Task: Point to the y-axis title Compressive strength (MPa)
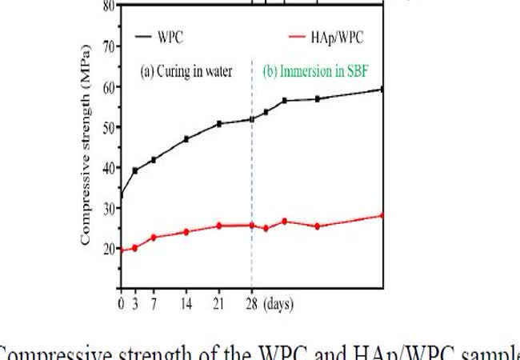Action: click(85, 145)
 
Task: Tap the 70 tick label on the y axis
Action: click(106, 46)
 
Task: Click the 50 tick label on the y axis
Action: click(106, 126)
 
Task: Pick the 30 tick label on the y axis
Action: click(106, 207)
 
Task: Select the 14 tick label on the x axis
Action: click(186, 304)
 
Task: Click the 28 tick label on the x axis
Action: click(251, 304)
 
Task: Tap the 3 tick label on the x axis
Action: click(135, 304)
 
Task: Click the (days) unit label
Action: click(278, 304)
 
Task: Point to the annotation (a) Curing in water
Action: click(186, 71)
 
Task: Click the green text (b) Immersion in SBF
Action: click(321, 71)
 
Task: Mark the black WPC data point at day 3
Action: click(135, 170)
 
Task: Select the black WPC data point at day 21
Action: click(219, 124)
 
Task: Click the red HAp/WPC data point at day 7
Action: click(154, 238)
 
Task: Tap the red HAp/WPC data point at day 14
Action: click(186, 232)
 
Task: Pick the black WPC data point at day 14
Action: click(186, 139)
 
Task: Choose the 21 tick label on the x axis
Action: click(219, 304)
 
